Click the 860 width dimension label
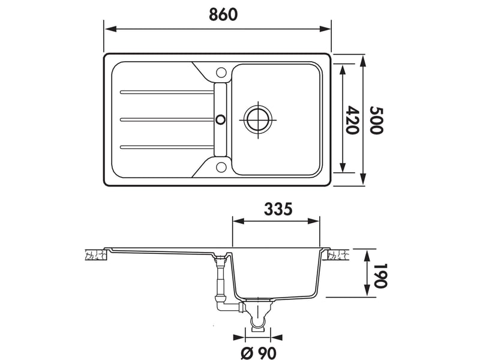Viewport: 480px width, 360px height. tap(223, 14)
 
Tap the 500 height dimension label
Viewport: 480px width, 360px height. tap(376, 120)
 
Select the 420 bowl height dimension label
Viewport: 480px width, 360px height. tap(352, 120)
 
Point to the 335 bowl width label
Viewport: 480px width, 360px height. tap(278, 209)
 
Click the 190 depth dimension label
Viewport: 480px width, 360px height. tap(380, 275)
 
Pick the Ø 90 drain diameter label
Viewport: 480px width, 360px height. tap(259, 353)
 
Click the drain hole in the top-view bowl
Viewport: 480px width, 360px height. tap(258, 119)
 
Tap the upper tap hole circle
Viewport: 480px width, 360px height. tap(220, 72)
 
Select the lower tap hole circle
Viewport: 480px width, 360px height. tap(220, 167)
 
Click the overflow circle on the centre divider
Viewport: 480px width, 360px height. tap(220, 119)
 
